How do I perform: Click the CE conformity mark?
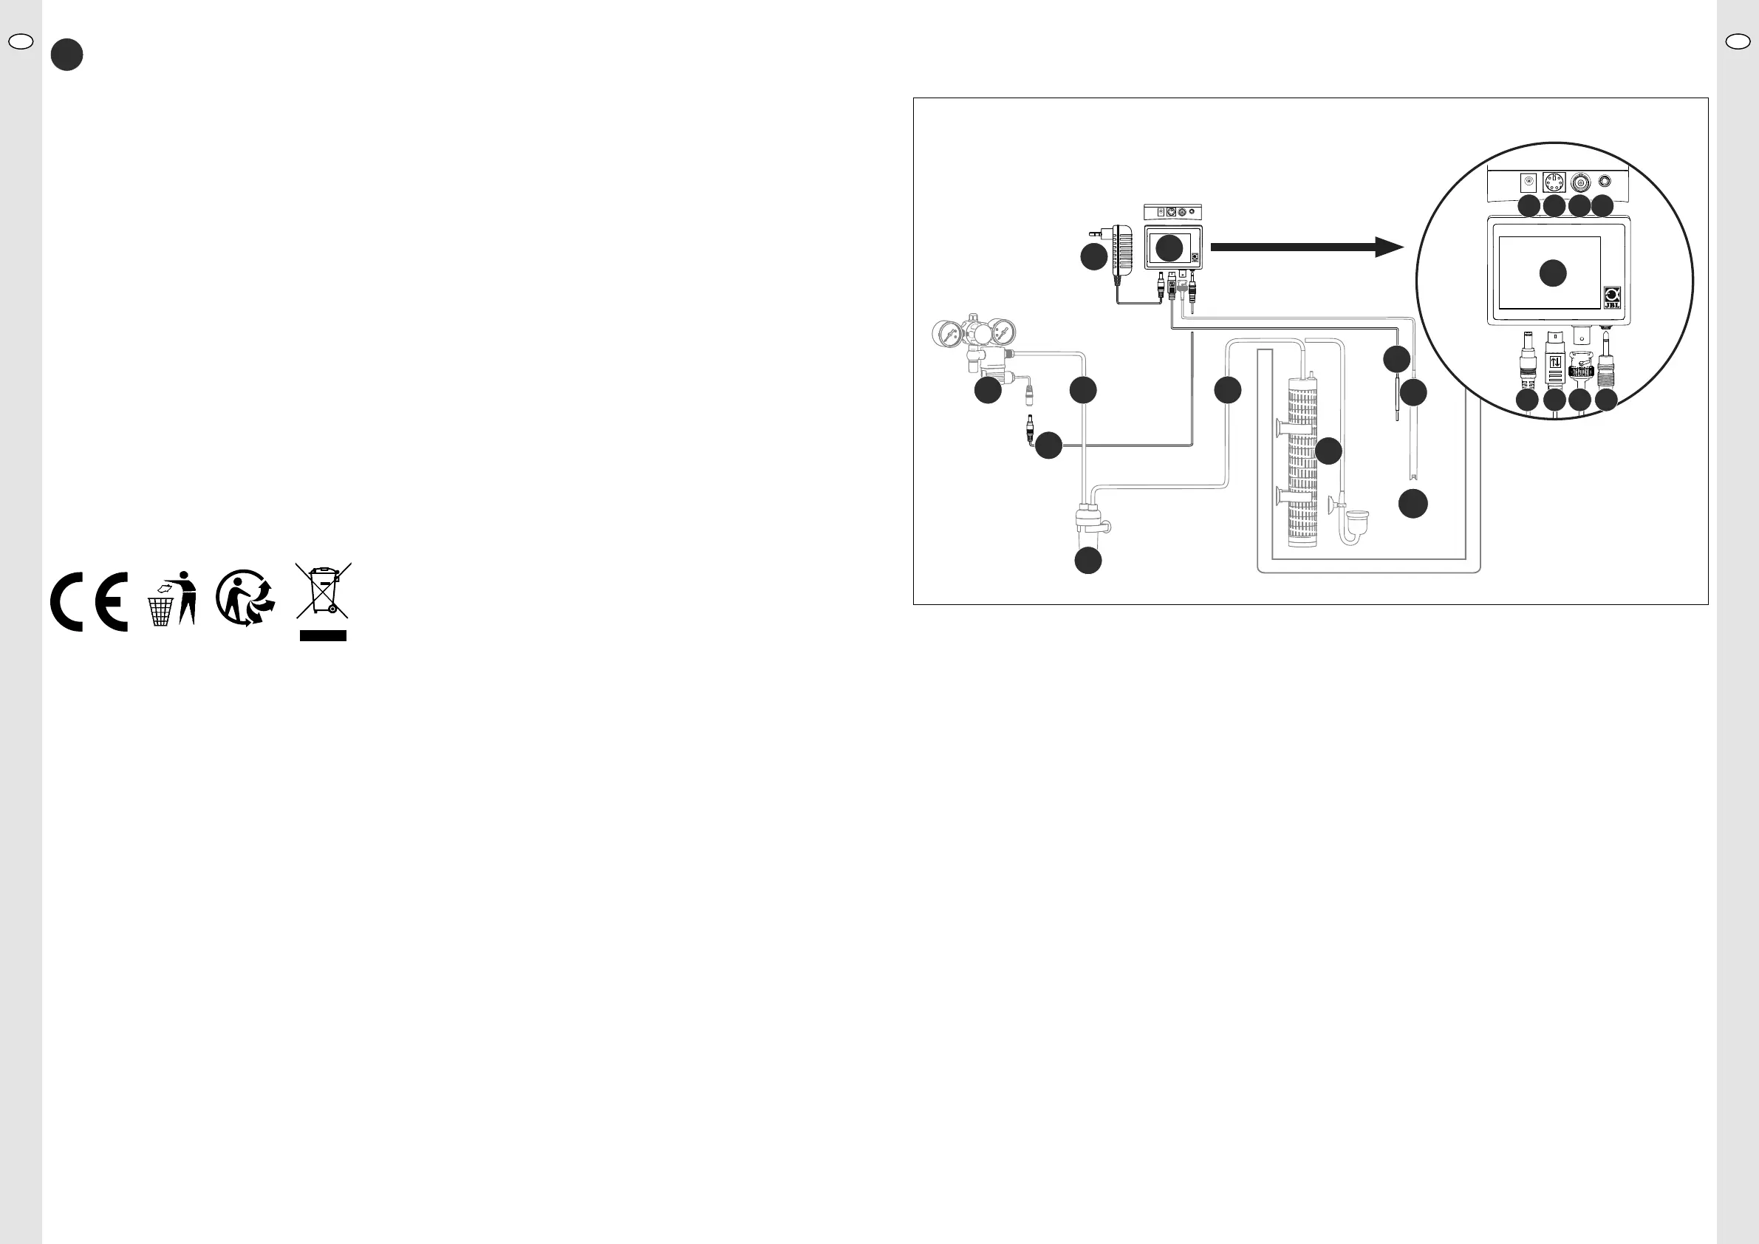(x=89, y=601)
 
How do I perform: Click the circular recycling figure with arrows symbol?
(x=245, y=598)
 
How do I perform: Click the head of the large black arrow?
(x=1388, y=247)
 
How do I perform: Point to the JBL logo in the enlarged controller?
(x=1612, y=297)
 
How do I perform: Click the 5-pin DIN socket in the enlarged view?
(x=1554, y=182)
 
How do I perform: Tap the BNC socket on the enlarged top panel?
(x=1579, y=183)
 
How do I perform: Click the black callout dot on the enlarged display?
(x=1553, y=273)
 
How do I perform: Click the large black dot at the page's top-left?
(x=66, y=55)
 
